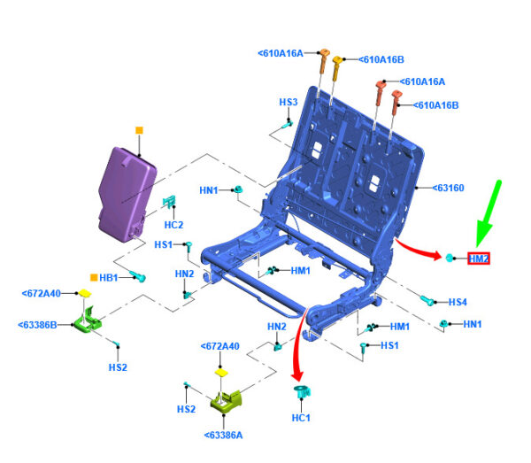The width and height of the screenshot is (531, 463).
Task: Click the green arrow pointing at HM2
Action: pos(489,211)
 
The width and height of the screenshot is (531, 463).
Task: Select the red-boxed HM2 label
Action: pos(479,259)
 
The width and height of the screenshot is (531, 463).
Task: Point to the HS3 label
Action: pos(289,103)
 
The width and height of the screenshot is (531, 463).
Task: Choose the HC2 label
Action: pos(173,224)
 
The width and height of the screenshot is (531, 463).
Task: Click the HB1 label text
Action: pos(109,278)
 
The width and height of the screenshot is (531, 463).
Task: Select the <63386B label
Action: pos(39,325)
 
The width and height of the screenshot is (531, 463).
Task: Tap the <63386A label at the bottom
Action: pos(223,436)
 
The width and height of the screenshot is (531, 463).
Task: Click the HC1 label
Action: pos(301,418)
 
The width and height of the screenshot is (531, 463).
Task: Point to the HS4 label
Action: pos(457,303)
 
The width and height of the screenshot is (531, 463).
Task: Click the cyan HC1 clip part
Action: pos(301,392)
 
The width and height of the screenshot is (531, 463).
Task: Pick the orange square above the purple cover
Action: pos(139,130)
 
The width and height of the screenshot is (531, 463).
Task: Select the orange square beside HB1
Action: pos(94,277)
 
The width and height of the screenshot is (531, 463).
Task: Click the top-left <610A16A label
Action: pos(281,53)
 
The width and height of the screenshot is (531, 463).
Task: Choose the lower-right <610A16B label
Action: pos(436,105)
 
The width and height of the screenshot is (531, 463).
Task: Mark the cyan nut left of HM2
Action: pos(450,258)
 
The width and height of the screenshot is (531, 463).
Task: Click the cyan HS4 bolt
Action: pos(427,300)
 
